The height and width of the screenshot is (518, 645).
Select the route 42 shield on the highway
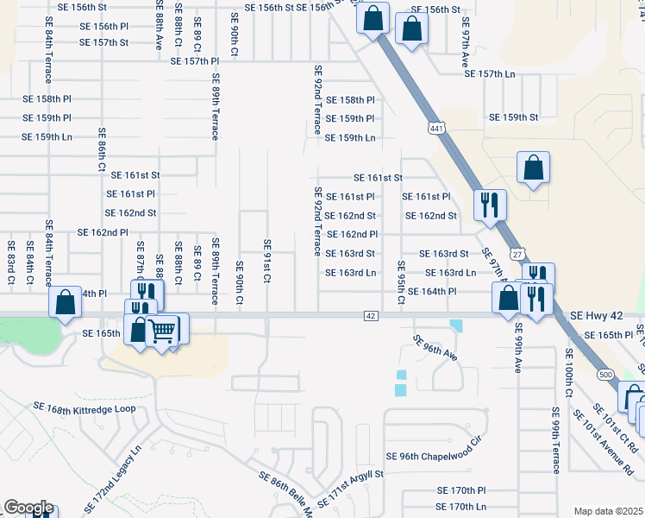coord(369,316)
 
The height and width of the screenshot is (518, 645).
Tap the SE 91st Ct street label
coord(267,262)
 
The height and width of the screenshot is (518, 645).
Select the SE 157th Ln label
coord(501,73)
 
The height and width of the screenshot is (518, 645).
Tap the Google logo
coord(28,508)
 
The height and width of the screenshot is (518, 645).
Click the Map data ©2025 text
coord(607,511)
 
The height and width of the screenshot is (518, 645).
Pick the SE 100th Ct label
coord(569,372)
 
